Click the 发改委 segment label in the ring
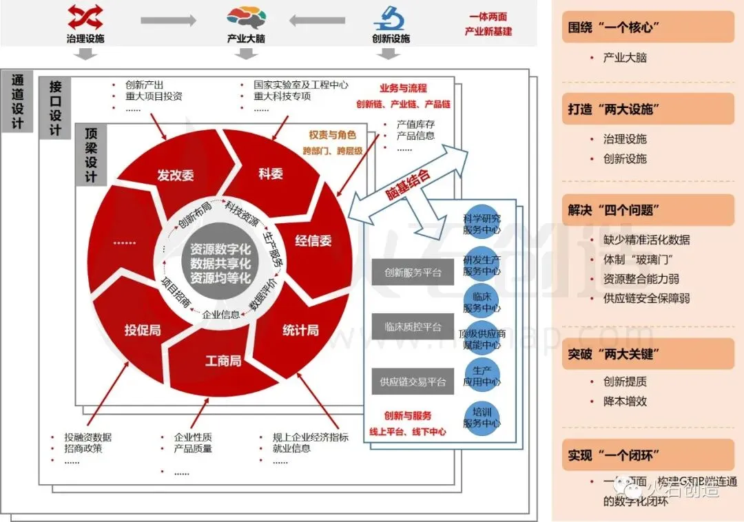click(x=175, y=175)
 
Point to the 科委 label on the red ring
click(x=271, y=174)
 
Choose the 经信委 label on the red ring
click(x=313, y=241)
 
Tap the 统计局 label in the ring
click(x=300, y=331)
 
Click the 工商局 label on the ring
click(x=223, y=360)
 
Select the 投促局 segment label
click(x=142, y=330)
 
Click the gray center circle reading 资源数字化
click(x=220, y=264)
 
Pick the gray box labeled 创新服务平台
click(x=413, y=273)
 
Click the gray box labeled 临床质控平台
click(x=413, y=327)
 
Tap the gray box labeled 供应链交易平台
click(x=413, y=382)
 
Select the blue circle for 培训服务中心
click(x=482, y=418)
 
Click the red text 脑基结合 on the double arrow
click(x=408, y=185)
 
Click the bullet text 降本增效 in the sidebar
click(x=625, y=401)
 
